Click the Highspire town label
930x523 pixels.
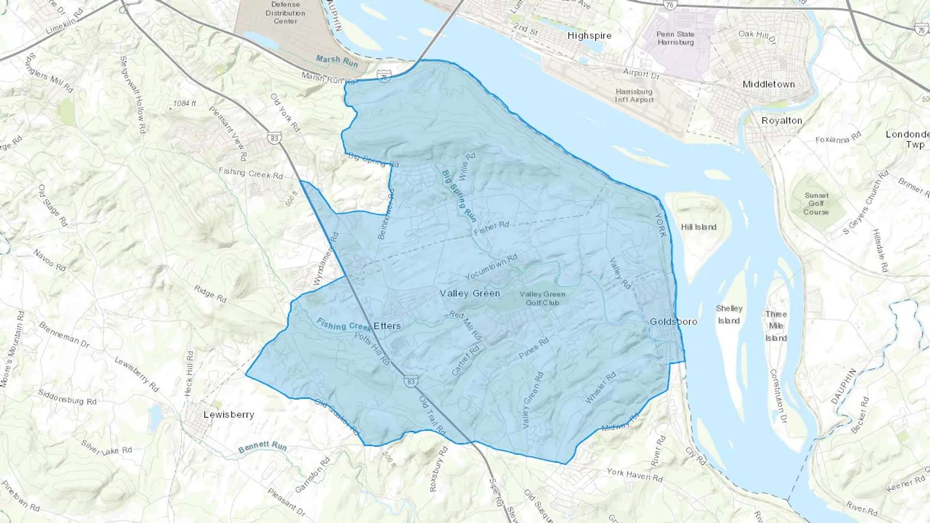(x=589, y=36)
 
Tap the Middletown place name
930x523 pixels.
(x=768, y=84)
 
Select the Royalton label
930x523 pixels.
(x=782, y=120)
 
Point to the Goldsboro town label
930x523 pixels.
(x=673, y=321)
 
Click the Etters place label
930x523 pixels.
(x=387, y=326)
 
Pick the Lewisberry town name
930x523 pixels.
(x=229, y=415)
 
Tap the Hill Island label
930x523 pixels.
(x=699, y=227)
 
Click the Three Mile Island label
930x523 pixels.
(x=776, y=326)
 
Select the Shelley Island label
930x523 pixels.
(x=729, y=314)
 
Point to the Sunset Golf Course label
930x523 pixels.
(x=816, y=203)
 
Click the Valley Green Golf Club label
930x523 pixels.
(x=542, y=298)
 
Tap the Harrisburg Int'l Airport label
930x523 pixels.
(x=634, y=96)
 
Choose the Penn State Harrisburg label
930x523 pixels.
(x=675, y=38)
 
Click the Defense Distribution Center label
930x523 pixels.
(x=285, y=13)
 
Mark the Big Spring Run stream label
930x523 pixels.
(x=459, y=196)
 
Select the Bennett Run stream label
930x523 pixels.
(x=262, y=447)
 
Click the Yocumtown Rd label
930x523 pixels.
(x=491, y=267)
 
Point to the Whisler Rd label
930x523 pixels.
(x=601, y=388)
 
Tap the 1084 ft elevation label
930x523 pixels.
(x=184, y=104)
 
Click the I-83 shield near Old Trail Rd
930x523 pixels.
(x=411, y=382)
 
